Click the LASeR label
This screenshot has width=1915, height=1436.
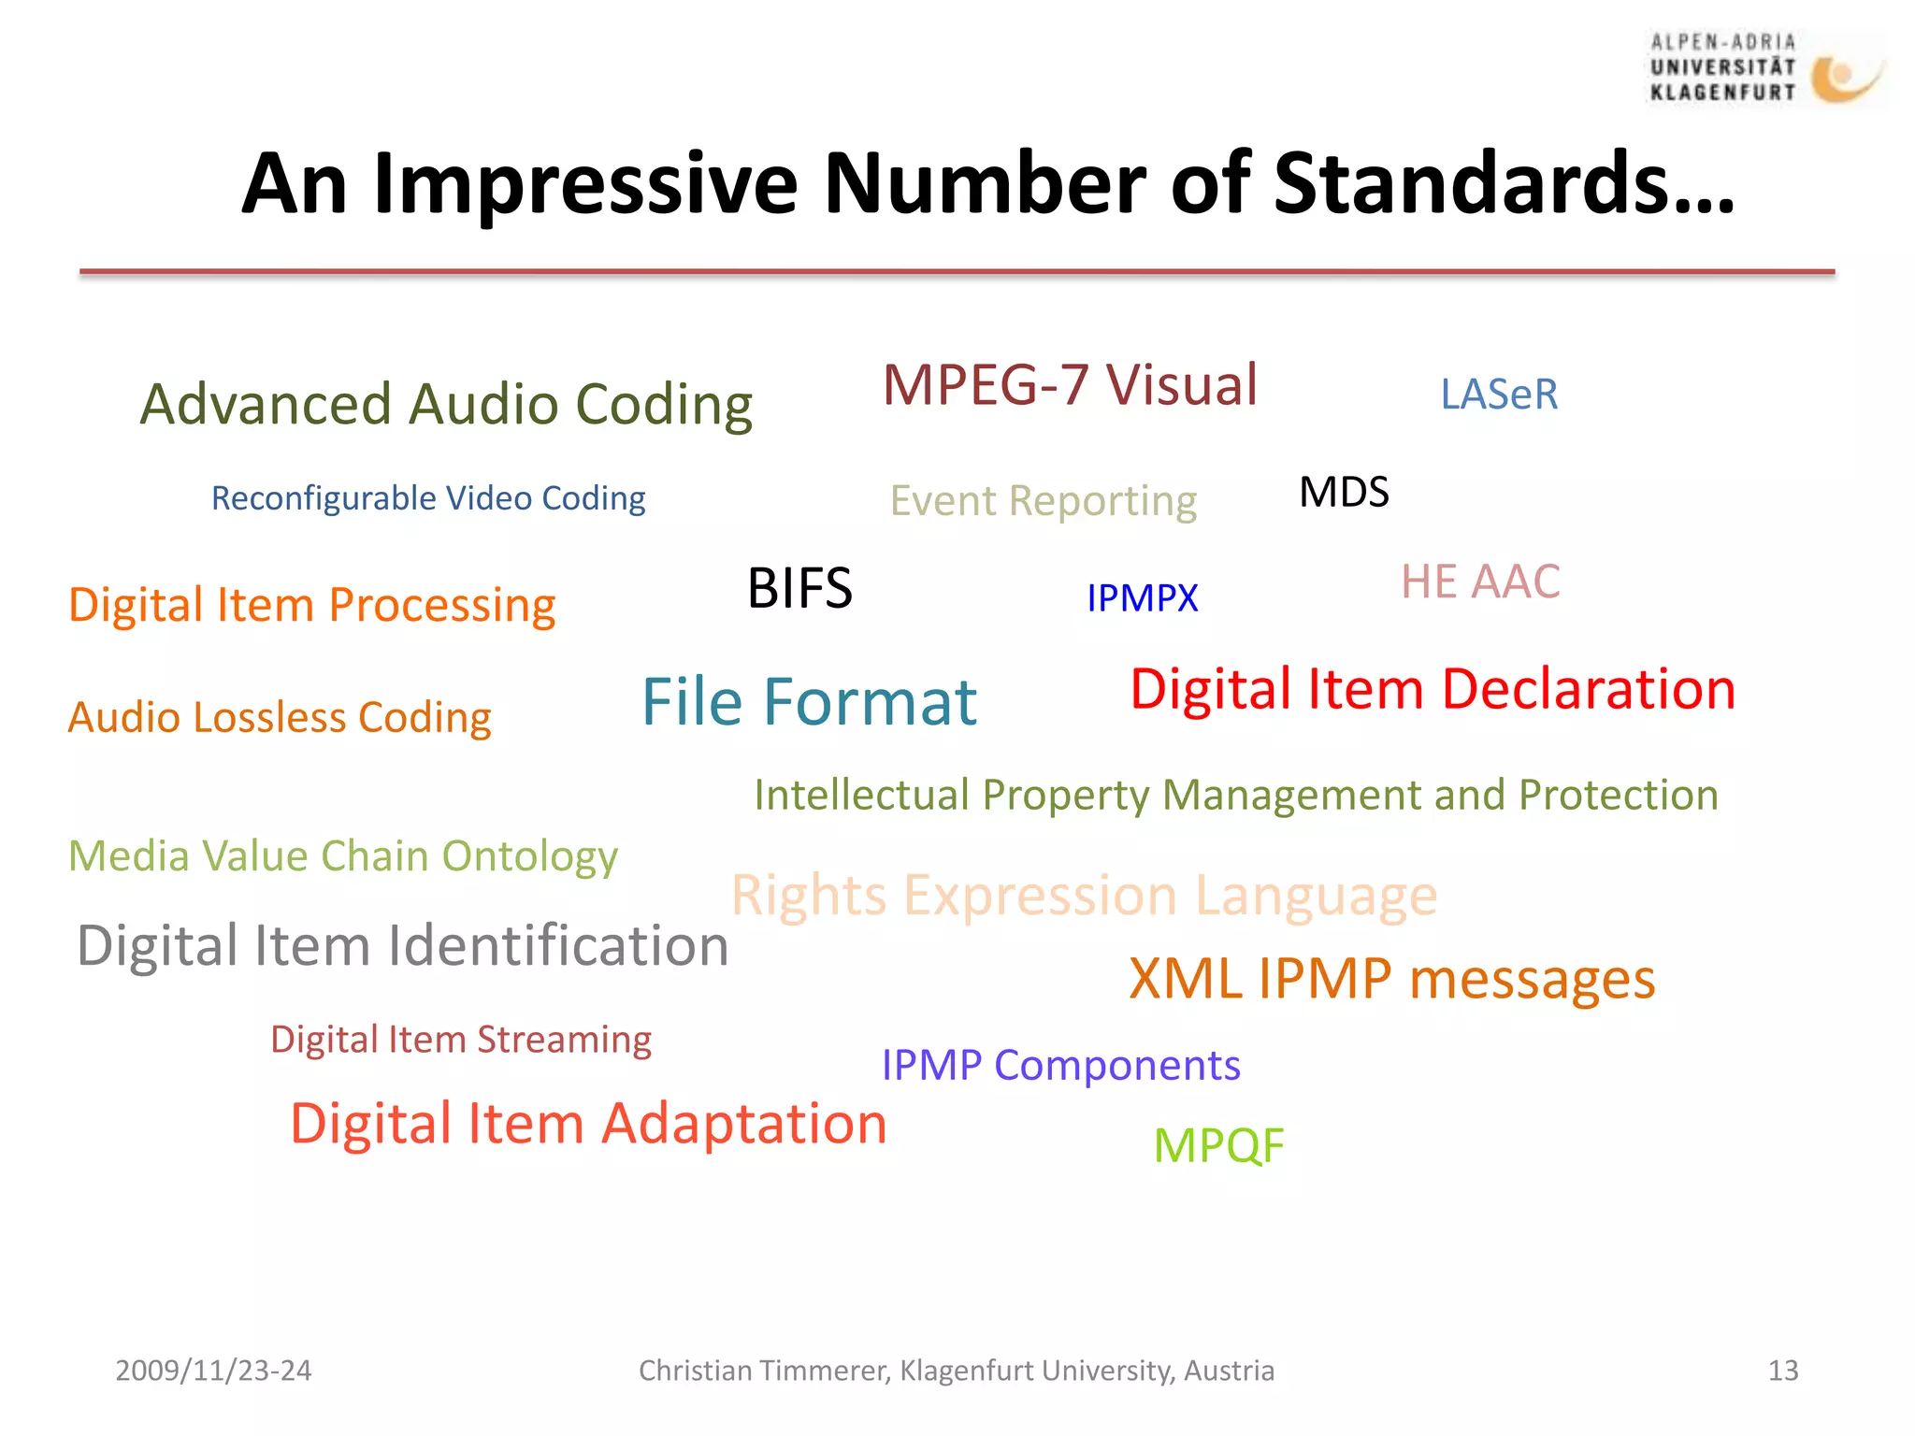pos(1499,395)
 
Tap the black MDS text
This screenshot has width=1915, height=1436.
pos(1344,493)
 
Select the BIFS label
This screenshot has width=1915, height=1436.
pos(799,589)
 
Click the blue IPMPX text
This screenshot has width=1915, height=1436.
pos(1142,598)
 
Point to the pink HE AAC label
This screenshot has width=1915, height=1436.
pos(1480,582)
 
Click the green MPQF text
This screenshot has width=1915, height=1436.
pos(1218,1146)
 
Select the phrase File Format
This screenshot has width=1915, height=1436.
pos(809,702)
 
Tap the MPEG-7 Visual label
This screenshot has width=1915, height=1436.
pos(1070,385)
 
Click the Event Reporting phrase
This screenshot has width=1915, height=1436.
pos(1043,501)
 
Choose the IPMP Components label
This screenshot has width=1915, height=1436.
pos(1060,1066)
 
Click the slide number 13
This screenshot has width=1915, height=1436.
pos(1782,1371)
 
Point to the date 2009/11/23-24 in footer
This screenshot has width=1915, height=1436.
pos(213,1371)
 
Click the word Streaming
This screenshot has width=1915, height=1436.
pos(564,1041)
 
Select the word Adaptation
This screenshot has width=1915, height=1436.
pos(744,1124)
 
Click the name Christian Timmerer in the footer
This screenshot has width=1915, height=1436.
pos(763,1371)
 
